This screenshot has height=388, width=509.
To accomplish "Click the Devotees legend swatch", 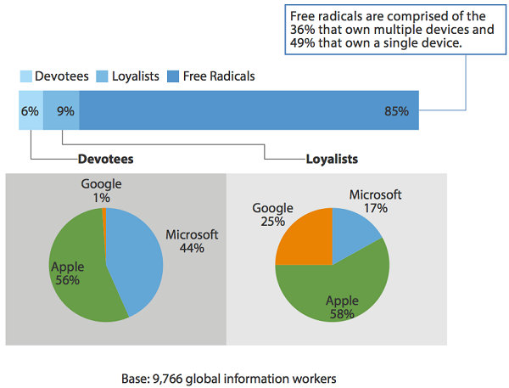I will (25, 76).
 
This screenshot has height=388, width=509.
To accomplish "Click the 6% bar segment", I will (31, 111).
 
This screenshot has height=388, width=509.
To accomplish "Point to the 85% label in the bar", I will (395, 111).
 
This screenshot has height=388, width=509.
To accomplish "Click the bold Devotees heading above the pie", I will (105, 159).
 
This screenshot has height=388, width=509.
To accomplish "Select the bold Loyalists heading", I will (331, 159).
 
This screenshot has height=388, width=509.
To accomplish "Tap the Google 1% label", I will (102, 190).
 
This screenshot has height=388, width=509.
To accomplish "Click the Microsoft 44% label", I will (192, 242).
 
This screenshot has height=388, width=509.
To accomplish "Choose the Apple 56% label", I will (67, 273).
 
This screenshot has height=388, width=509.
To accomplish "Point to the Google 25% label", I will (272, 215).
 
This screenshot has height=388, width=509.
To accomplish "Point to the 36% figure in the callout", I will (304, 30).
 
